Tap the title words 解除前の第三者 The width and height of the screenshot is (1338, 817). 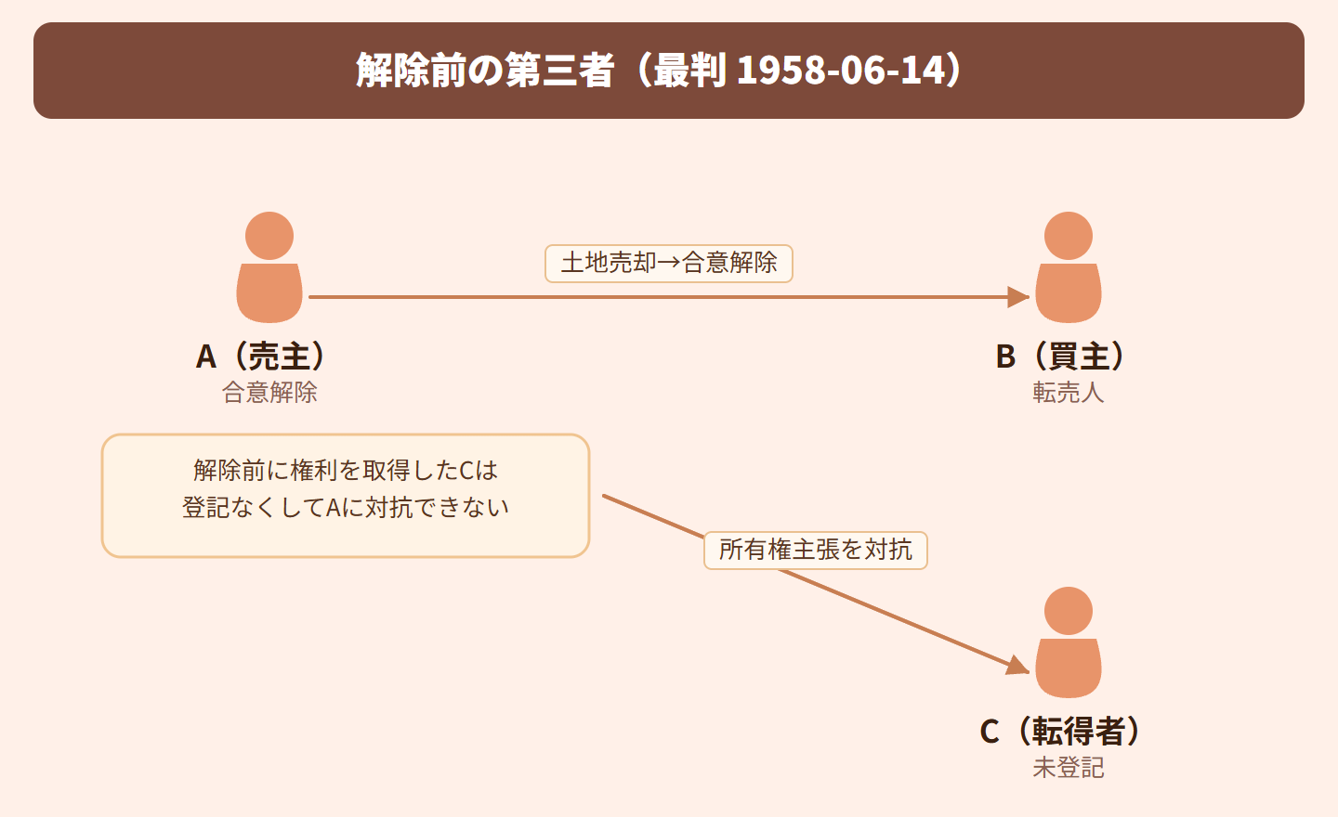(485, 71)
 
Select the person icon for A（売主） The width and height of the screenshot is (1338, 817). (269, 269)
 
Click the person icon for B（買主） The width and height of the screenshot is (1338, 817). (1069, 269)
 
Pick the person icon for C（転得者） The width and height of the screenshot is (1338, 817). (1069, 644)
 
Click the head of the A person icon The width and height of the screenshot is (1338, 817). (269, 236)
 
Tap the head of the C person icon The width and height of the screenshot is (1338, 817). (1069, 611)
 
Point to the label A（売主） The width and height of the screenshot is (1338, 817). (262, 357)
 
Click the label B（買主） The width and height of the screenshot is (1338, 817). (1061, 357)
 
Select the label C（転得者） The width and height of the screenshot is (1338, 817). (1061, 732)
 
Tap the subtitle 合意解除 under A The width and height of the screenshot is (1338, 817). (269, 393)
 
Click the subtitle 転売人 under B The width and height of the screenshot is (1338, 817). (1069, 393)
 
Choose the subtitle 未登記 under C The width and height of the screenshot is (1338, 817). (1069, 768)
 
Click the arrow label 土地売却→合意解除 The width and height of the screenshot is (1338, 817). (669, 264)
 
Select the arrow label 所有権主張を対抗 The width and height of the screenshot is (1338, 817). (816, 550)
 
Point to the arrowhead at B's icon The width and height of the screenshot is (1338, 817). (1019, 297)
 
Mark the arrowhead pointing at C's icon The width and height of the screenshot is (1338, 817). (1018, 666)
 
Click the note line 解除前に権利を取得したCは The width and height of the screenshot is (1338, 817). (346, 471)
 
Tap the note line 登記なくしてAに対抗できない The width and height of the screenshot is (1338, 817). (346, 508)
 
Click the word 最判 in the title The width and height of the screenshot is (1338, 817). (689, 71)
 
